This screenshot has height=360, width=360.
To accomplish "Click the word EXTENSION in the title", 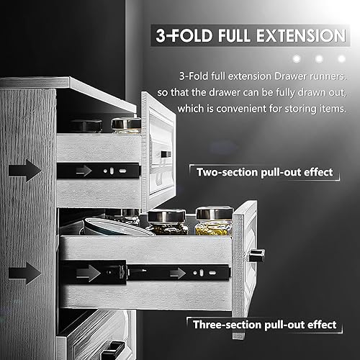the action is tap(301, 35).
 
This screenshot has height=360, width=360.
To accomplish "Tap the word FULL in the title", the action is tap(233, 35).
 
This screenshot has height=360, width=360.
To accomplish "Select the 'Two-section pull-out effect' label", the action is tap(264, 172).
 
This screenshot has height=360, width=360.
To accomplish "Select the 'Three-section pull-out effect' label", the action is tap(265, 325).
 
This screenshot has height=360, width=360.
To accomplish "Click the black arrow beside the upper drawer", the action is tap(24, 171).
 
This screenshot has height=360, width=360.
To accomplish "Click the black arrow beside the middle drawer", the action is tap(24, 273).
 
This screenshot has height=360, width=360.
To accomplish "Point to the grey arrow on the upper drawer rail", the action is tap(84, 171).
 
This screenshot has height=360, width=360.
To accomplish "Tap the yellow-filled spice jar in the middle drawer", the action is tap(214, 221).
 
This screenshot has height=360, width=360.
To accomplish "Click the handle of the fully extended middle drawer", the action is tap(257, 255).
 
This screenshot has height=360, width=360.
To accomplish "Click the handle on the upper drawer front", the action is tap(166, 154).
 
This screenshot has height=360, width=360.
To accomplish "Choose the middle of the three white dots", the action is tap(319, 58).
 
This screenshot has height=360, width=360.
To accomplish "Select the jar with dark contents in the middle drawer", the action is tap(167, 222).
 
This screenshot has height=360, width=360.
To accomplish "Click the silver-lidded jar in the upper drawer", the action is tap(126, 125).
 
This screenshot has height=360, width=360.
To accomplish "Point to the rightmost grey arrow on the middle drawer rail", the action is tap(178, 274).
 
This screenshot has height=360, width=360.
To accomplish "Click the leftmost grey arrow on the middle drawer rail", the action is tap(89, 273).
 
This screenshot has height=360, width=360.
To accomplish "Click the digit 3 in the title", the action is tap(161, 36).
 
